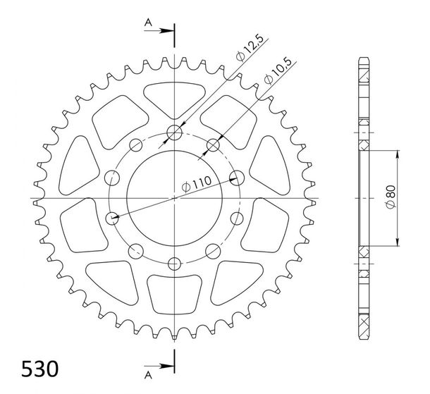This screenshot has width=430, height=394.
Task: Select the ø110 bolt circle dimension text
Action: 197,183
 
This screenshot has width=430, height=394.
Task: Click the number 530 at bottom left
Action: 39,369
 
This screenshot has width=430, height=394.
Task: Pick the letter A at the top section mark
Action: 148,23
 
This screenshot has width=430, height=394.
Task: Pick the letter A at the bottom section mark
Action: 148,375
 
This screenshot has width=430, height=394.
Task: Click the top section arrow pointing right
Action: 159,31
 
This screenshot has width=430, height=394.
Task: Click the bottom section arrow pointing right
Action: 159,366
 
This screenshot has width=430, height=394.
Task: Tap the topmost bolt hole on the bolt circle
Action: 174,133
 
